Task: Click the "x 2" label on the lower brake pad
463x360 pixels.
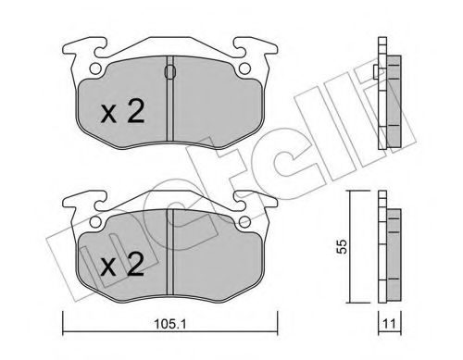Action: (x=121, y=267)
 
